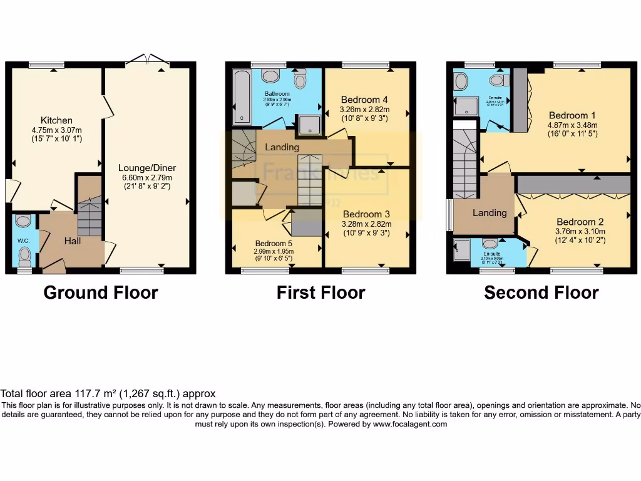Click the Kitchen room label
[56, 120]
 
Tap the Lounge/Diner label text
[147, 168]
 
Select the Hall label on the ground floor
[73, 240]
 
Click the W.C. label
[23, 240]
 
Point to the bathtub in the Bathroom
[242, 96]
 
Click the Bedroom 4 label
[364, 100]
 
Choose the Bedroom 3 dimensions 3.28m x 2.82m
[366, 224]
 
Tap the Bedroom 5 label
[275, 244]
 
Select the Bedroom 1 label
[572, 115]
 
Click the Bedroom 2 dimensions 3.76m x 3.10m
[580, 231]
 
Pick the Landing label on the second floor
[490, 213]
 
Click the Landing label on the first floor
[282, 147]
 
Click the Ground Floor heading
[101, 292]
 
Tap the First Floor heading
[320, 292]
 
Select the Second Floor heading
[541, 292]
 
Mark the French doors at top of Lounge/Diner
[147, 60]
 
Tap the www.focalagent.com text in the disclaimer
[410, 424]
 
